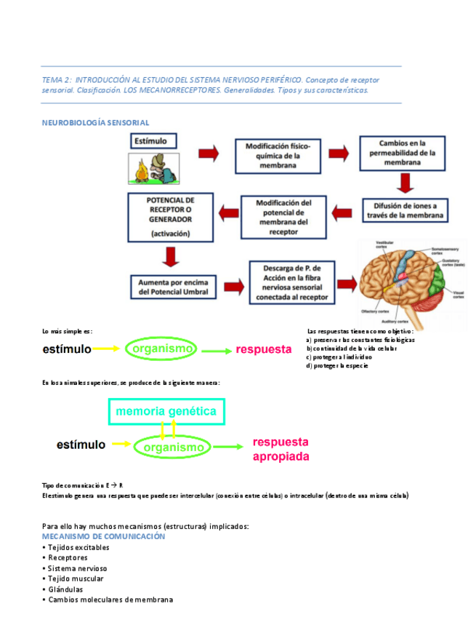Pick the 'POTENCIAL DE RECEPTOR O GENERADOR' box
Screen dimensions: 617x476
click(x=170, y=215)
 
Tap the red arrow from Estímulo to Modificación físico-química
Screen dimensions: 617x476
click(x=209, y=154)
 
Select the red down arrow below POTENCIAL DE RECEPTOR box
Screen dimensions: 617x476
click(x=172, y=257)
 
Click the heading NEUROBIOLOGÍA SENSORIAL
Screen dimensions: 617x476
click(x=95, y=123)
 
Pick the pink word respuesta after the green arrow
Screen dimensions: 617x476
click(x=263, y=349)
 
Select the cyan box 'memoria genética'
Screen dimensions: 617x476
click(x=166, y=411)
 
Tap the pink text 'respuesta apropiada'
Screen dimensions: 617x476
click(x=281, y=450)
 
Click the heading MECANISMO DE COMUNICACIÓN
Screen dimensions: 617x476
click(x=104, y=536)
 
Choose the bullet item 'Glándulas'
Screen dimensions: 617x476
click(x=65, y=589)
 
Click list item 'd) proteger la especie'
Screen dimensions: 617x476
click(x=337, y=366)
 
